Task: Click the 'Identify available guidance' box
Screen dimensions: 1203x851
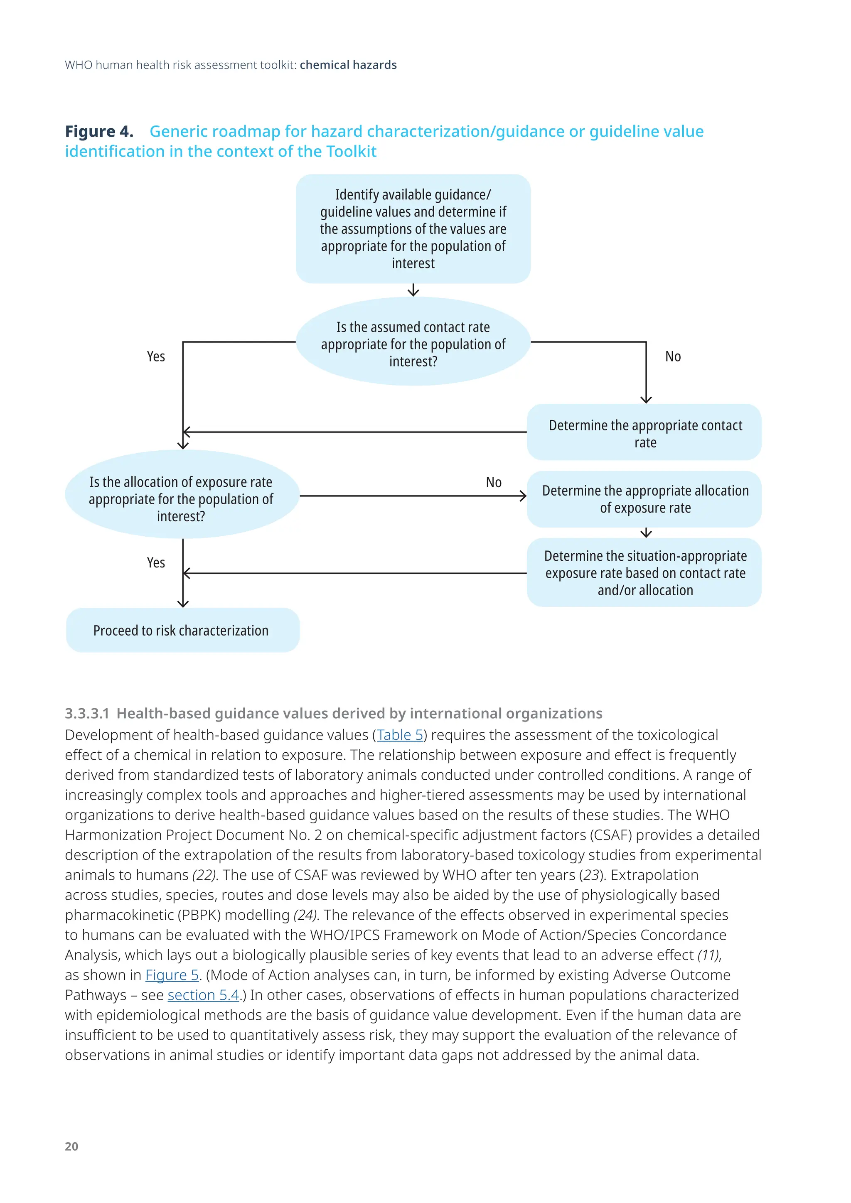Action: coord(413,229)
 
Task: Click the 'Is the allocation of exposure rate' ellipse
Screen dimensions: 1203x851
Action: coord(181,495)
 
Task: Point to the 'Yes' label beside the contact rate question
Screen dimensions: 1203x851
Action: coord(156,357)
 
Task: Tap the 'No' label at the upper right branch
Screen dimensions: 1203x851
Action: coord(673,357)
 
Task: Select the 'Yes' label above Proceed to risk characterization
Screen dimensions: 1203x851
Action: coord(156,563)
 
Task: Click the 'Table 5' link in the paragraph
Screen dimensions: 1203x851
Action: coord(400,735)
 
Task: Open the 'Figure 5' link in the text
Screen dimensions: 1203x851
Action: coord(172,975)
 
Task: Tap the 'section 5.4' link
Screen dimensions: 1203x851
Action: coord(203,995)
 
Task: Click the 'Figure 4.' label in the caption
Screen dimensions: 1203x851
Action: coord(99,132)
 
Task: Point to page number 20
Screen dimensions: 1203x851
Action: coord(71,1147)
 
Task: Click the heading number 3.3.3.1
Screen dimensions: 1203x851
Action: coord(87,714)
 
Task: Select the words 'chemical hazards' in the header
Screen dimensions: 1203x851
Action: coord(348,65)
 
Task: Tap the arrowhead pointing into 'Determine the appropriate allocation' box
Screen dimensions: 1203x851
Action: coord(523,496)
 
